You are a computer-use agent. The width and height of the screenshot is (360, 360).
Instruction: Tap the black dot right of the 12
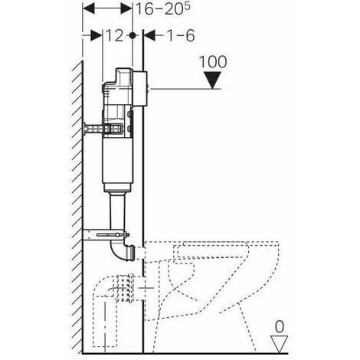[133, 35]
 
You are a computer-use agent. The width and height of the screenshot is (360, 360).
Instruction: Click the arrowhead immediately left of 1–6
[149, 35]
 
